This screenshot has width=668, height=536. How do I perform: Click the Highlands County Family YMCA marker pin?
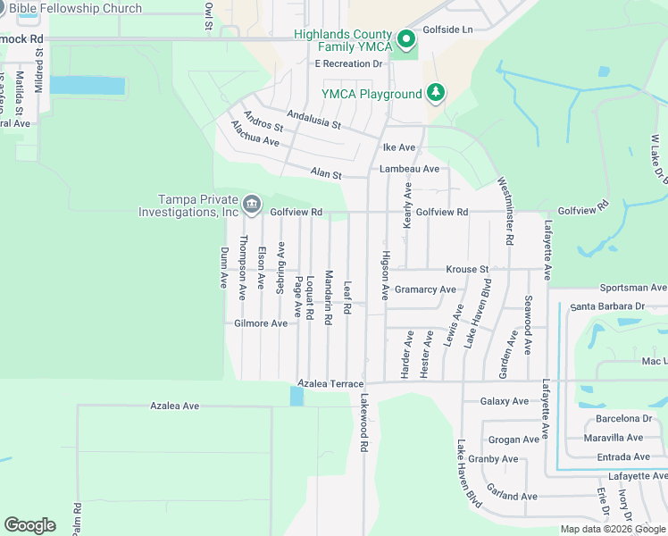coord(406,39)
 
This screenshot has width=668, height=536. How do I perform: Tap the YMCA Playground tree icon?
coord(436,92)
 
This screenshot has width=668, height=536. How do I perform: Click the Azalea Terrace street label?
coord(330,383)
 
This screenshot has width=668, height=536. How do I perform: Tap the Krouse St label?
coord(467,269)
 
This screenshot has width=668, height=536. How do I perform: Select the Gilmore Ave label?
coord(261,323)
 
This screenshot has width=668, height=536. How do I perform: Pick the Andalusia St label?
coord(314,120)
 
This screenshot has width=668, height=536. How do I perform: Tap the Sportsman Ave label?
coord(633,288)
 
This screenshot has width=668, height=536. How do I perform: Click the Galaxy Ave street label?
coord(506,402)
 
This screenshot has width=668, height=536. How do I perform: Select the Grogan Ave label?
coord(514,440)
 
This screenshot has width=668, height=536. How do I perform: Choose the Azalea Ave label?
coord(173,406)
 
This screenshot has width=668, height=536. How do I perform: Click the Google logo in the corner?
coord(29,525)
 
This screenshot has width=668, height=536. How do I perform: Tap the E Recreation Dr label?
coord(348,64)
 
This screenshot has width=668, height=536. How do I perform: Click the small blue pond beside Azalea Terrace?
coord(296,396)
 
